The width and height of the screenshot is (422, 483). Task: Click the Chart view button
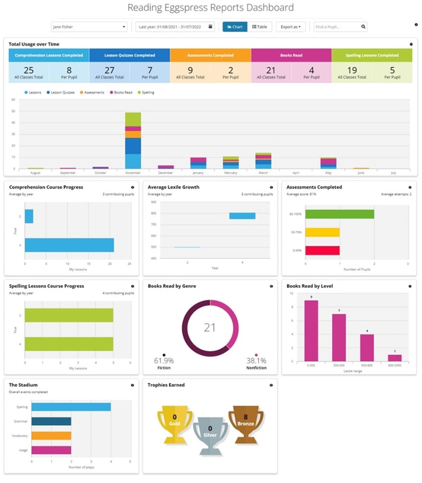click(x=235, y=27)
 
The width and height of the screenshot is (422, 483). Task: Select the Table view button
click(x=260, y=27)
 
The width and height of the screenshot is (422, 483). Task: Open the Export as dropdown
click(x=290, y=27)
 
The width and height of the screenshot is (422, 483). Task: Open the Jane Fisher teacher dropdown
click(x=89, y=27)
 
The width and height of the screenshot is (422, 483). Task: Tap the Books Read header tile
click(x=291, y=55)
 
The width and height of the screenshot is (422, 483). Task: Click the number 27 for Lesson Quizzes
click(x=109, y=70)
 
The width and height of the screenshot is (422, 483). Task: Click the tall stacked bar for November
click(x=133, y=141)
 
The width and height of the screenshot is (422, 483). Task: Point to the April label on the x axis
click(x=296, y=173)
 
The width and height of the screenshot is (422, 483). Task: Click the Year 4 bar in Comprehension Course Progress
click(x=69, y=245)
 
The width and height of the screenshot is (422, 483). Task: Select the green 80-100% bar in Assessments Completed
click(x=339, y=214)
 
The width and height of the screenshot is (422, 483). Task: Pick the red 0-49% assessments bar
click(x=322, y=250)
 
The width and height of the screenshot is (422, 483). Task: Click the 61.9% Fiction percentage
click(x=164, y=361)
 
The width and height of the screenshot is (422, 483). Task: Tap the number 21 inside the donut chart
click(x=210, y=328)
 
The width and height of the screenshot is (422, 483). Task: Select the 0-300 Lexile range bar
click(x=311, y=331)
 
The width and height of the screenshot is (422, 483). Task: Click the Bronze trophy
click(x=246, y=424)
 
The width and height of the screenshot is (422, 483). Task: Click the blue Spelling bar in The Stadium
click(x=71, y=407)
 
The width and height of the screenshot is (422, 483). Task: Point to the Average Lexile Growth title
click(x=173, y=187)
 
